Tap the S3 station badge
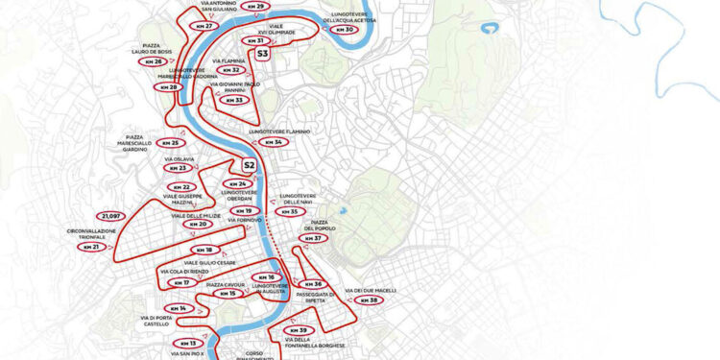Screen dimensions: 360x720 (262, 55)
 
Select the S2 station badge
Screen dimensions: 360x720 (249, 165)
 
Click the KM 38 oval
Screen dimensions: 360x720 (370, 300)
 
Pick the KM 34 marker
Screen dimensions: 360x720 (274, 142)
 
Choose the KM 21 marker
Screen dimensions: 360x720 (92, 247)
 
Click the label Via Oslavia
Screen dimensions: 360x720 (180, 157)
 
